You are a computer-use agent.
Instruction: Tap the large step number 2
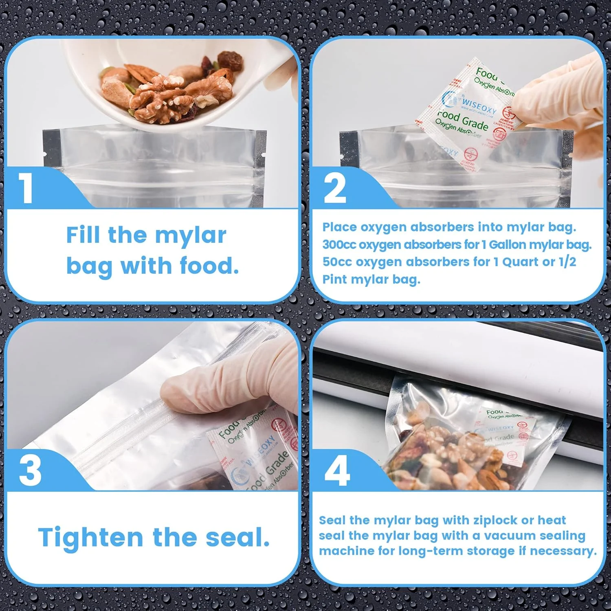tap(335, 188)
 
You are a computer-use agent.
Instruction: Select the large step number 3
tap(30, 470)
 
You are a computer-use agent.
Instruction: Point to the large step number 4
tap(337, 470)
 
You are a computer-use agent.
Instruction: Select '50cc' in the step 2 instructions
tap(337, 262)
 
